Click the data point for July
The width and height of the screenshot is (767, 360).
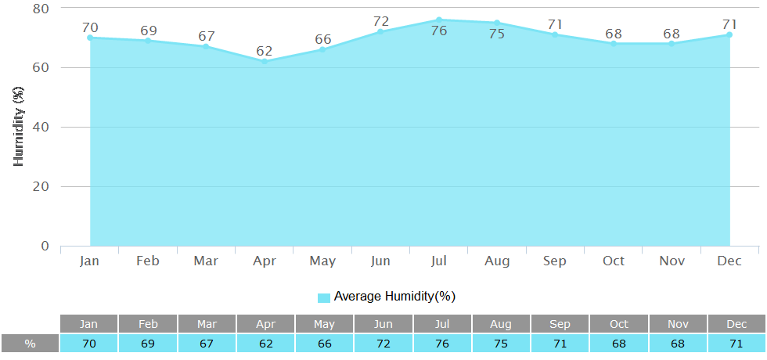click(439, 20)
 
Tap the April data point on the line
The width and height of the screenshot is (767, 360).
click(265, 61)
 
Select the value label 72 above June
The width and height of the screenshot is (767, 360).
click(381, 21)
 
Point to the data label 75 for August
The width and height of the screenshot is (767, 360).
click(497, 34)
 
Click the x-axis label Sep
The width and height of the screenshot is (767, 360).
click(555, 261)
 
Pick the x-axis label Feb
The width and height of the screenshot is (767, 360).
click(148, 261)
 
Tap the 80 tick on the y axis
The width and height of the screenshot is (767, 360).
click(40, 9)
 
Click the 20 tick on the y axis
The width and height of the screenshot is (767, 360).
click(40, 187)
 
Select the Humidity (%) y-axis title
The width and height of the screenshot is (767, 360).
click(20, 127)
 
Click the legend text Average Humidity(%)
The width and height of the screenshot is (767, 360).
click(394, 297)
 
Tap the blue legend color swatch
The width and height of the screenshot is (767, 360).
click(324, 297)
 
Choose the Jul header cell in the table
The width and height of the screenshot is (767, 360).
click(442, 323)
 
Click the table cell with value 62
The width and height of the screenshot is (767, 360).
click(265, 344)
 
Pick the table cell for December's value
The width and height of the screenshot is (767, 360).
click(736, 344)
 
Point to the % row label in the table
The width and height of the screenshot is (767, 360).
click(30, 344)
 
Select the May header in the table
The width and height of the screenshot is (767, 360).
click(324, 323)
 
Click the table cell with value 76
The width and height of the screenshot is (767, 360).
click(442, 344)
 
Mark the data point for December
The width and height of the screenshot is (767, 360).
click(729, 34)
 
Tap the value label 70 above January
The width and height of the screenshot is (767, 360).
click(90, 28)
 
